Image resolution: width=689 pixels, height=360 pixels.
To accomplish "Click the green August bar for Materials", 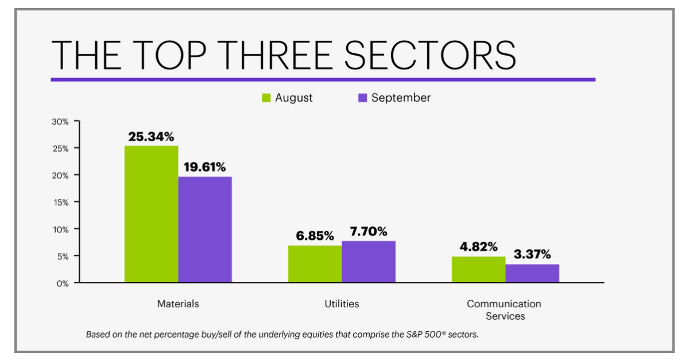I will tap(152, 214).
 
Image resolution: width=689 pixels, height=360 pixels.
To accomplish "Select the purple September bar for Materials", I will tap(205, 229).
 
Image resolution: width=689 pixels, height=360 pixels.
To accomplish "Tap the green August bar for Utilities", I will tap(315, 264).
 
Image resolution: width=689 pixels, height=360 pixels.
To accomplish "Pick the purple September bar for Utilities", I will tap(369, 261).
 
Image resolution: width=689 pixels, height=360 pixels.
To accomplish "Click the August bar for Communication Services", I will tap(478, 269).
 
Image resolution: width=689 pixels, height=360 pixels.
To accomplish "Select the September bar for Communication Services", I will tap(532, 273).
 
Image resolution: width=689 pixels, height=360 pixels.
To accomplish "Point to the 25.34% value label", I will tap(152, 137).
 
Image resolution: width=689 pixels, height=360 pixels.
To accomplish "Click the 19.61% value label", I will tap(205, 167).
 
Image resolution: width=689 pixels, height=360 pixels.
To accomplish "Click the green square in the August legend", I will tap(266, 98).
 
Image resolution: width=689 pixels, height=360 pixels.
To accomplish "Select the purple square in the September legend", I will tap(362, 98).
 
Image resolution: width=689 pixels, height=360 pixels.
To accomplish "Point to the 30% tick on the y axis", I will tap(61, 122).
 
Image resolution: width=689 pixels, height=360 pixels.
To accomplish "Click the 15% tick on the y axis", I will tap(61, 202).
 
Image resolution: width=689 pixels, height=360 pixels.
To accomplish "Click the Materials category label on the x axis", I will tap(178, 304).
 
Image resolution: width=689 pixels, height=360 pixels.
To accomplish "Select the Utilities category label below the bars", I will tap(342, 304).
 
